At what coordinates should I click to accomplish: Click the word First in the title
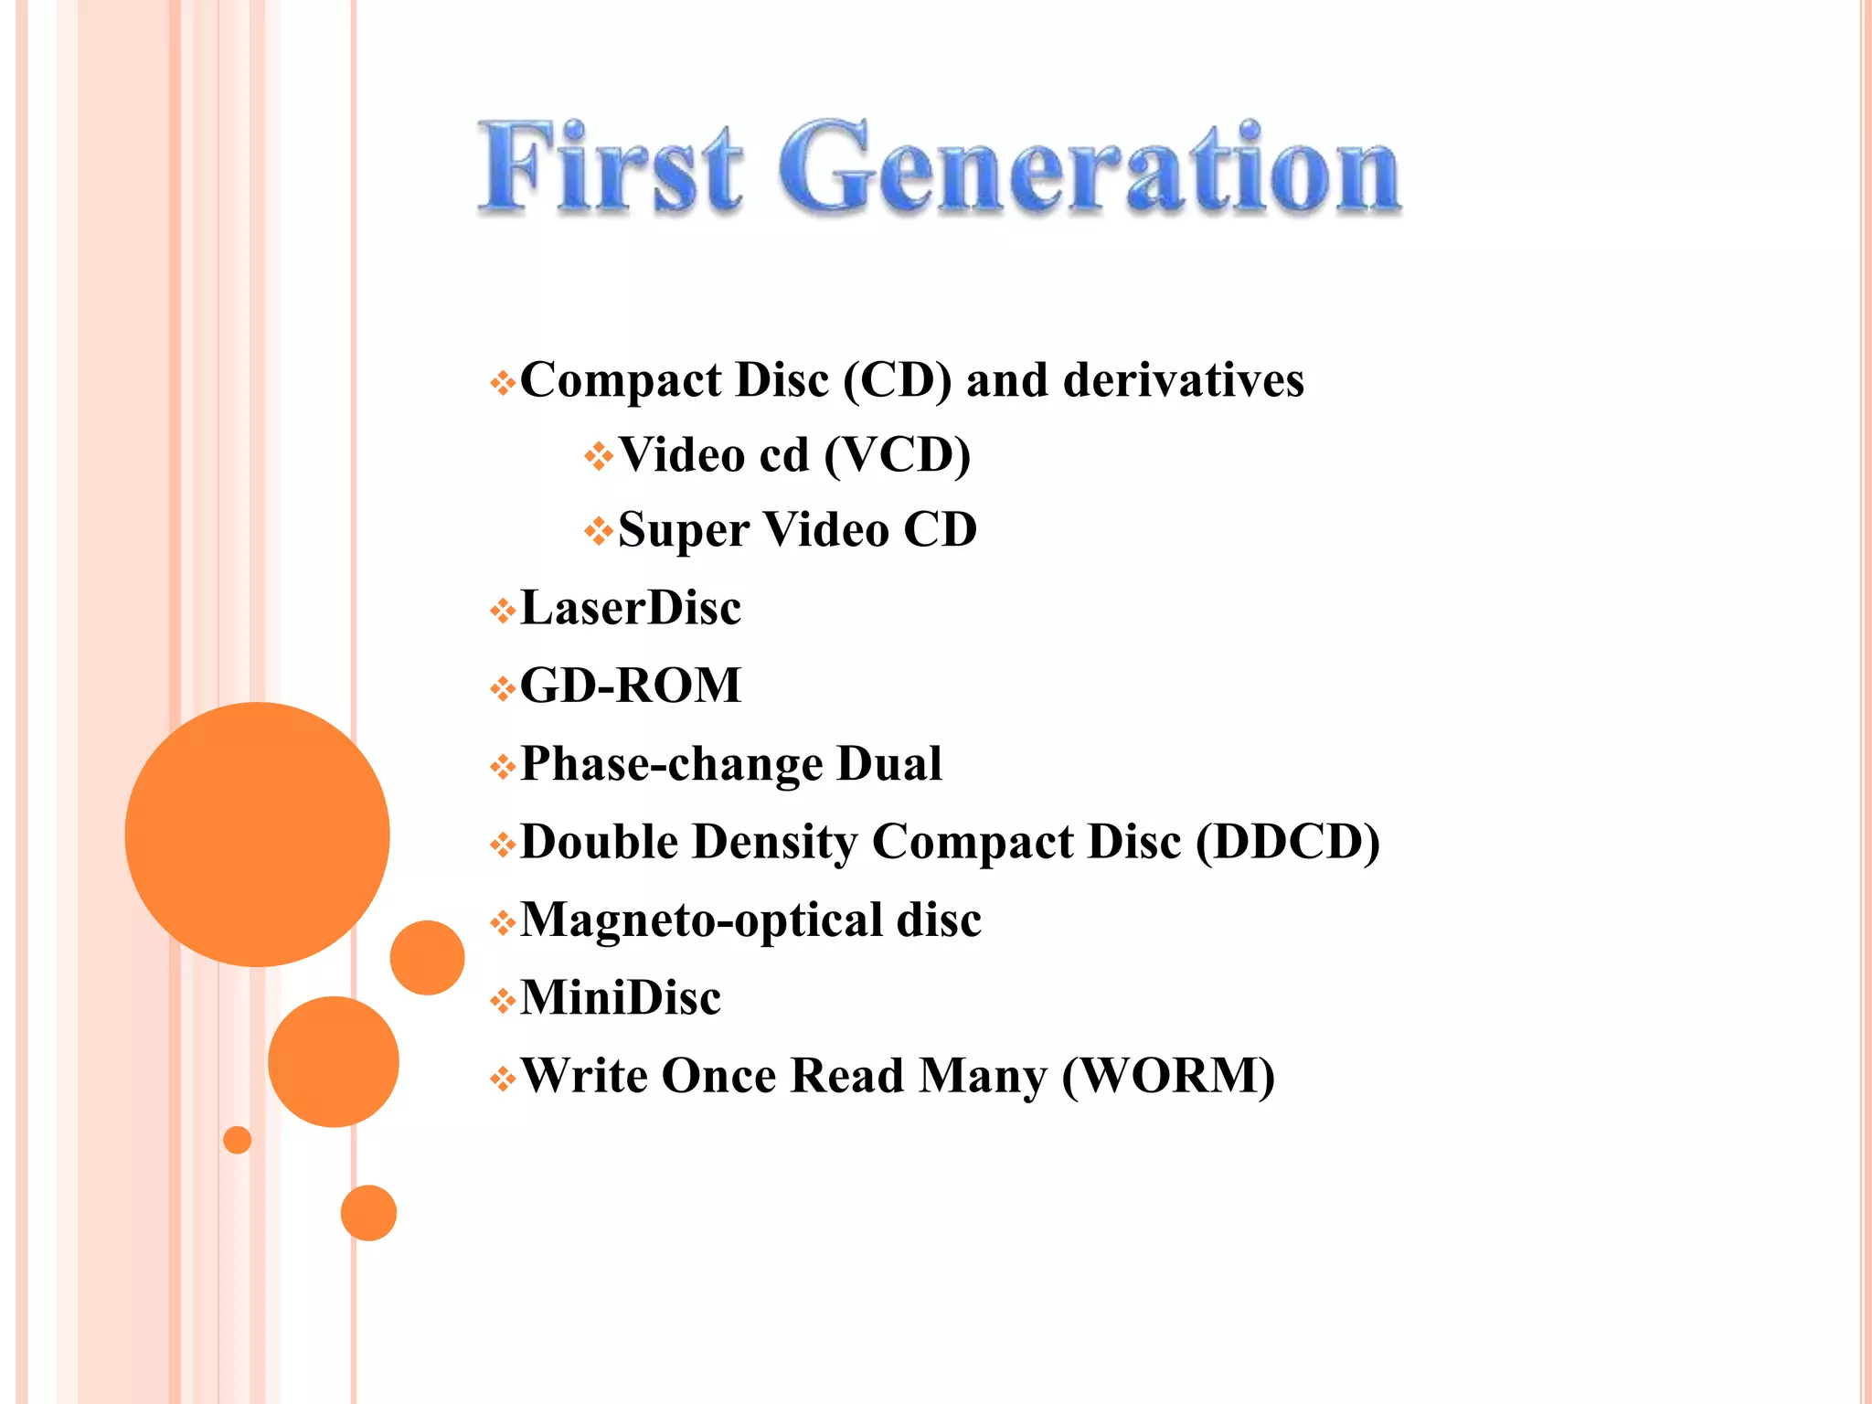tap(611, 168)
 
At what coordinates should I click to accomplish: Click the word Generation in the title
tap(1089, 168)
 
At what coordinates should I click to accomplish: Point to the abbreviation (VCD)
tap(897, 455)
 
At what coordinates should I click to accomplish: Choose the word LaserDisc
tap(631, 609)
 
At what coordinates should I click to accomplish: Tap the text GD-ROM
tap(631, 686)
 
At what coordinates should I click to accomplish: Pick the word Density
tap(774, 842)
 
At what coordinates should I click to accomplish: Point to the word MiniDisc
tap(621, 998)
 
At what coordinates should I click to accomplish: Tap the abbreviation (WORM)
tap(1168, 1076)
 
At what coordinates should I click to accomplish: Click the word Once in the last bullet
tap(718, 1076)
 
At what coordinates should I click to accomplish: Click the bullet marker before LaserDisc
tap(502, 611)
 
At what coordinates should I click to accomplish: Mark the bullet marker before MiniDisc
tap(502, 1001)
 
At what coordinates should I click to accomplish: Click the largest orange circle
tap(257, 834)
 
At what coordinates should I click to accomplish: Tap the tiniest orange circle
tap(237, 1140)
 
